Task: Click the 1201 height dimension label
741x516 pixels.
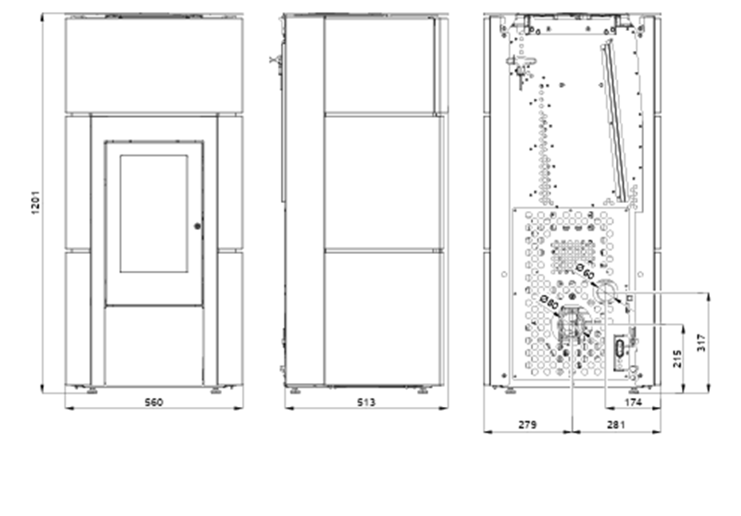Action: pos(37,202)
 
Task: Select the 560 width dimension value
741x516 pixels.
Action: pos(154,402)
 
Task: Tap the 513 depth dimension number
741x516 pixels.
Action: pos(366,402)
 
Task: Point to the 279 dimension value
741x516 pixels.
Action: pos(528,424)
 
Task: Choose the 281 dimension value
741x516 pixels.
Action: pos(616,424)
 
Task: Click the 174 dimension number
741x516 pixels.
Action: pos(634,402)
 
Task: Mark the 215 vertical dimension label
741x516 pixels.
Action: pos(677,359)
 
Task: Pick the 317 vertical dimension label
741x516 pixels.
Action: pos(702,342)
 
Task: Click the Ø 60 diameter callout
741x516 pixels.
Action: pos(585,272)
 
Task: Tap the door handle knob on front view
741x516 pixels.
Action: pos(197,226)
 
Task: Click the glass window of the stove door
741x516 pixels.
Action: pos(154,213)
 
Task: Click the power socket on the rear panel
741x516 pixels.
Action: pos(619,352)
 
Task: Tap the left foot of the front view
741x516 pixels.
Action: pos(92,391)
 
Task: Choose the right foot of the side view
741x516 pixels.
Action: pos(422,391)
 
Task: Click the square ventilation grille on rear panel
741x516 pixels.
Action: pos(573,257)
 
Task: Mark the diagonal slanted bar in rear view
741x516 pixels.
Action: pos(614,122)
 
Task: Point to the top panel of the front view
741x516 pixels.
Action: pos(154,64)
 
